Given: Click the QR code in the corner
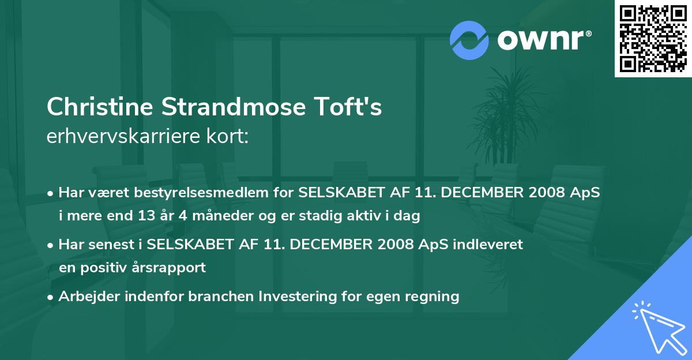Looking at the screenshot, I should tap(652, 39).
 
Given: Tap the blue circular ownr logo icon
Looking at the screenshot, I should tap(469, 40).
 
